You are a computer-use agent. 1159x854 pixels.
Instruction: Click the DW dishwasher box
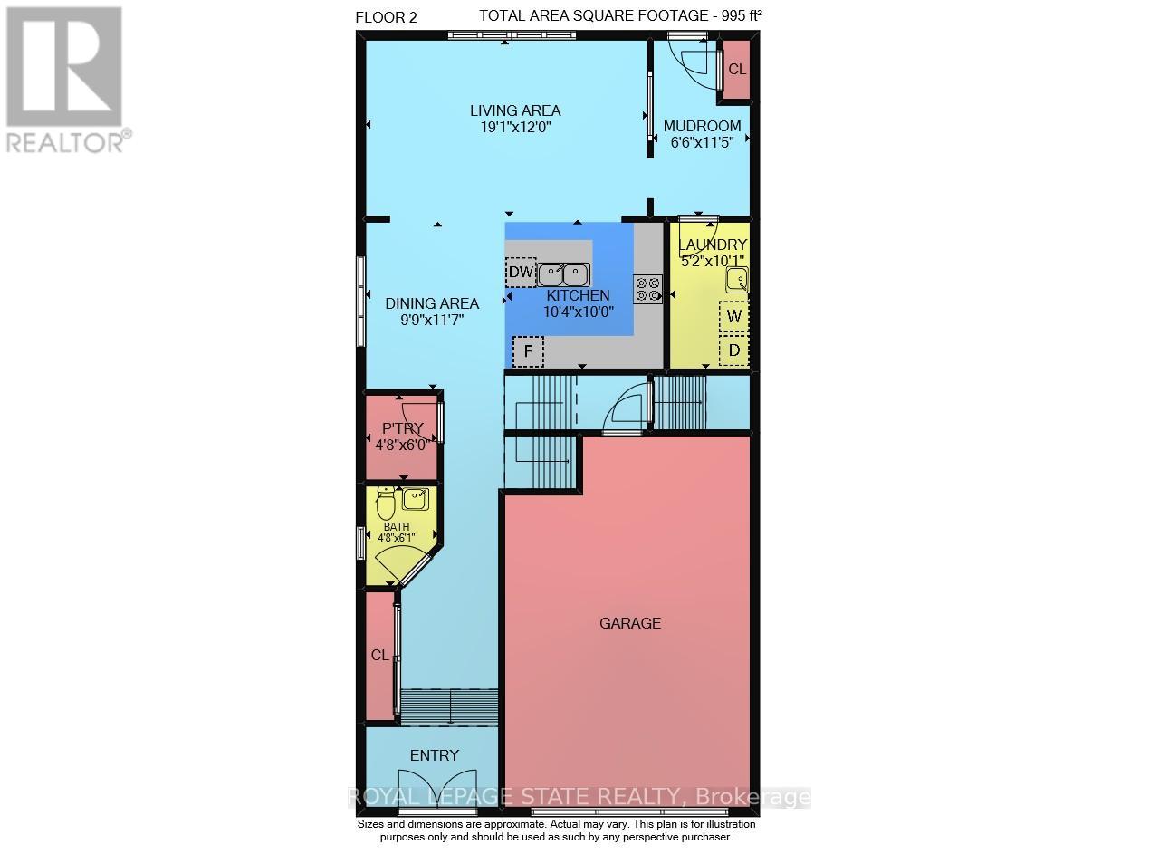pyautogui.click(x=521, y=272)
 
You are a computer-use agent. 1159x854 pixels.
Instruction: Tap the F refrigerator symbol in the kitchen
pyautogui.click(x=527, y=350)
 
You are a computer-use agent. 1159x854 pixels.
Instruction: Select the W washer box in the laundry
pyautogui.click(x=734, y=316)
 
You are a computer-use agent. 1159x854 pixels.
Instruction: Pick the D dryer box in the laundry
pyautogui.click(x=734, y=350)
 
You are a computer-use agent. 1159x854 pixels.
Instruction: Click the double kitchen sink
pyautogui.click(x=563, y=273)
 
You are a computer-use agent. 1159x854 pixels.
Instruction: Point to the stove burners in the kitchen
pyautogui.click(x=648, y=289)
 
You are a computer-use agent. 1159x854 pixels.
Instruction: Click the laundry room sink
pyautogui.click(x=737, y=280)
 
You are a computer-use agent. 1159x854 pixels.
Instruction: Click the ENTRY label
pyautogui.click(x=435, y=755)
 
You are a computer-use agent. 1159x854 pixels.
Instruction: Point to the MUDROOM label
pyautogui.click(x=702, y=126)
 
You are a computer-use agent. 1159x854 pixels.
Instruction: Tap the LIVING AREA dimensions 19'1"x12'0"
pyautogui.click(x=515, y=128)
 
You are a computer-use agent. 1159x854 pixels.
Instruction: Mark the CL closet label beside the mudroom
pyautogui.click(x=737, y=69)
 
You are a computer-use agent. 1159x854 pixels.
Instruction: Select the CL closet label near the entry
pyautogui.click(x=379, y=655)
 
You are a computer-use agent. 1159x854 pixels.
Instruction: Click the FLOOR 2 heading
pyautogui.click(x=386, y=16)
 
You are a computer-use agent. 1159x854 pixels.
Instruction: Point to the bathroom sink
pyautogui.click(x=417, y=498)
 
